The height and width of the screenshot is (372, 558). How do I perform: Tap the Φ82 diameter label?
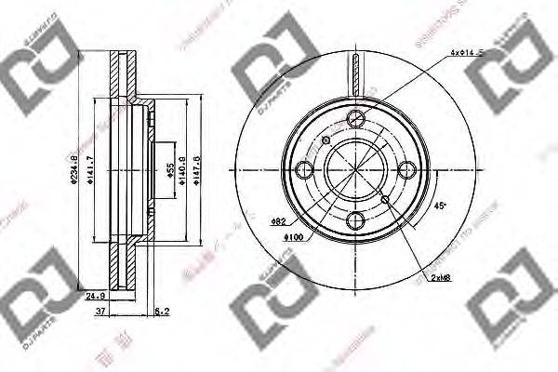tap(277, 221)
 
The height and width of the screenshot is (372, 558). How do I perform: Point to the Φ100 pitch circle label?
tap(295, 238)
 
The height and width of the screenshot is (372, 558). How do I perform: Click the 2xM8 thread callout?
tap(440, 278)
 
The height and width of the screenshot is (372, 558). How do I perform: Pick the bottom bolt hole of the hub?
tap(355, 222)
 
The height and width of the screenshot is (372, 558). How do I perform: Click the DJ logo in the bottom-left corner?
tap(37, 284)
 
